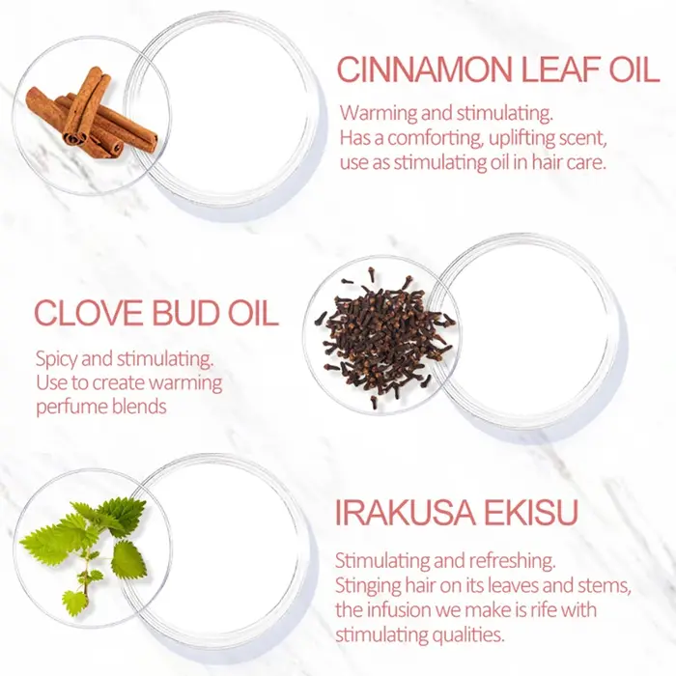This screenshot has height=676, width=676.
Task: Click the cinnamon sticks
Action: coord(92,114)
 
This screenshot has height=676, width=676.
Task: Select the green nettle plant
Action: coord(84,552)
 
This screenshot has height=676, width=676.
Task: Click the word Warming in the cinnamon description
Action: coord(379,114)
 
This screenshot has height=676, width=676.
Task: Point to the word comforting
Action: coord(435,139)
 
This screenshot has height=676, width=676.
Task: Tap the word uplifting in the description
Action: coord(521,139)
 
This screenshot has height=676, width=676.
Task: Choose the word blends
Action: coord(139,407)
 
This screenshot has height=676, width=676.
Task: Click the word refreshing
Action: coord(512,561)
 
